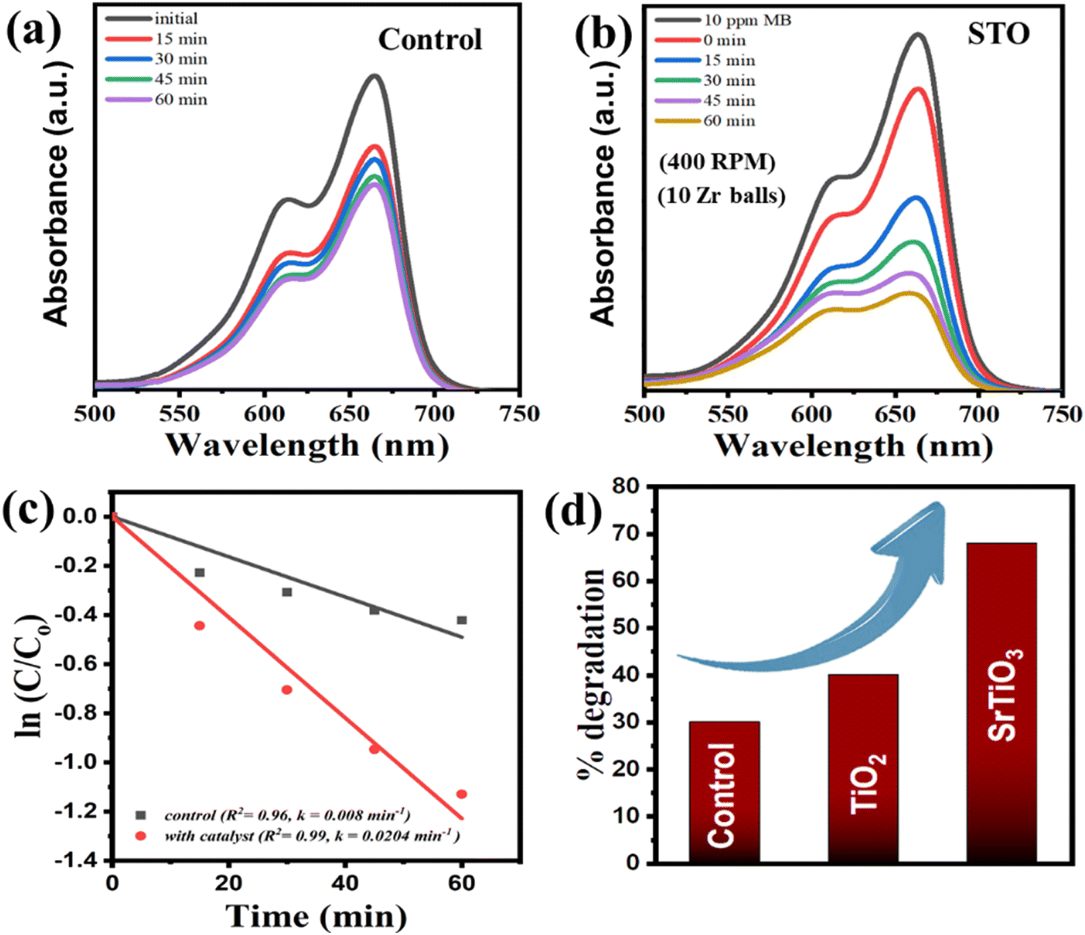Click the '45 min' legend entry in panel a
(x=156, y=79)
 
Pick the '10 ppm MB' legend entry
(x=723, y=20)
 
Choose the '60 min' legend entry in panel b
(x=705, y=120)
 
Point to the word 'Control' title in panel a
(x=430, y=40)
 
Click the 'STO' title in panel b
(x=998, y=35)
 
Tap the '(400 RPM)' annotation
(x=717, y=163)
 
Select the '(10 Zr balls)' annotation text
(x=721, y=196)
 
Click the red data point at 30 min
(x=286, y=690)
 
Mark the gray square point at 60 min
(x=462, y=620)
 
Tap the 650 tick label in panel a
(x=349, y=415)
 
